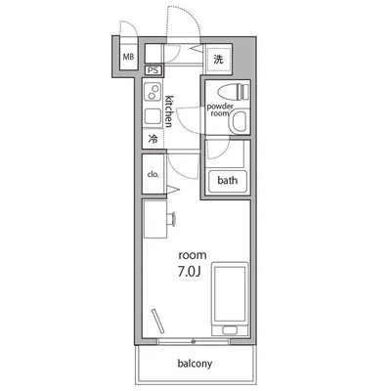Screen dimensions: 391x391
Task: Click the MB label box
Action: coord(128,56)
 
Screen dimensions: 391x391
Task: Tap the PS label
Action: coord(152,70)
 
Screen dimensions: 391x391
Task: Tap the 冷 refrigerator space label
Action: coord(153,140)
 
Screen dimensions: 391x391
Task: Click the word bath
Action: coord(228,180)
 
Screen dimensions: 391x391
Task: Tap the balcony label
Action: coord(195,364)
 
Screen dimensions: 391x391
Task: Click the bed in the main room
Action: coord(231,297)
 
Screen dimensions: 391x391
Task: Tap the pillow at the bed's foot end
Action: coord(231,326)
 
